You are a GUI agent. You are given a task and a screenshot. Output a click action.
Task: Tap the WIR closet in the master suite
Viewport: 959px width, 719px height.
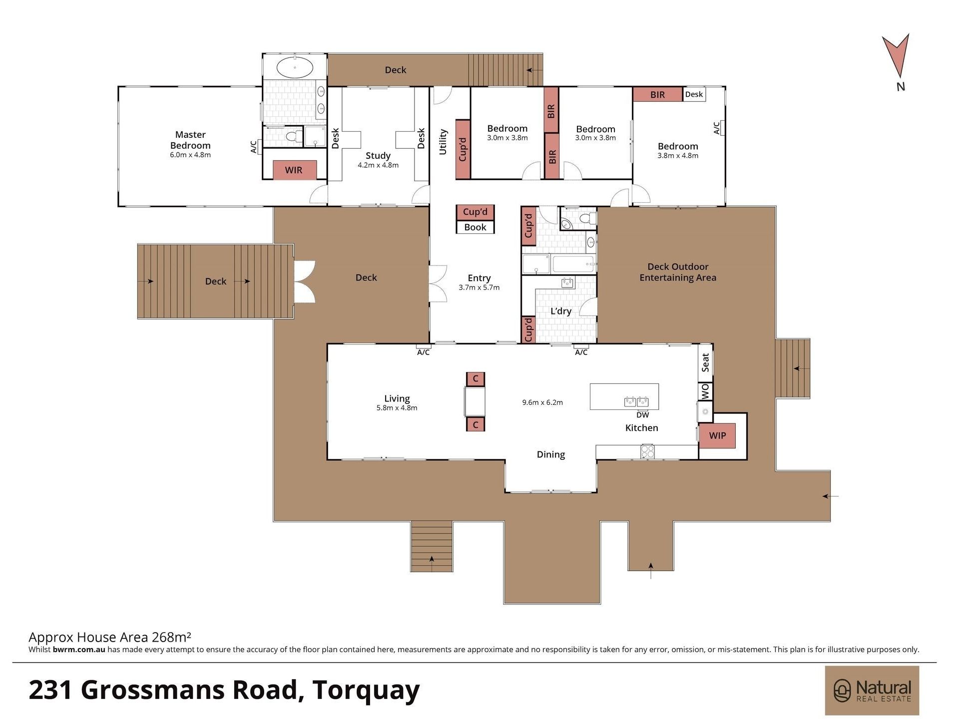(x=294, y=170)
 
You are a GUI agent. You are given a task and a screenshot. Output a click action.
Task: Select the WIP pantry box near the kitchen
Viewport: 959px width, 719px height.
(x=717, y=435)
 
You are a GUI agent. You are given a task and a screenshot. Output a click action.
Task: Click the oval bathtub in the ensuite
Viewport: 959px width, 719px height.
(x=295, y=67)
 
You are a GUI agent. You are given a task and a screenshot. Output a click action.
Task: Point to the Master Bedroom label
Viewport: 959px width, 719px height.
(x=190, y=140)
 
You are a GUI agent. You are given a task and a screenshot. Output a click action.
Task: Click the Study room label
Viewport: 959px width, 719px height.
(x=378, y=155)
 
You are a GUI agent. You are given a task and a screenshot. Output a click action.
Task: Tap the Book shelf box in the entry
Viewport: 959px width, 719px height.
(x=475, y=227)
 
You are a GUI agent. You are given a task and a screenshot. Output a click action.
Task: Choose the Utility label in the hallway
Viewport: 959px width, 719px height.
(x=443, y=142)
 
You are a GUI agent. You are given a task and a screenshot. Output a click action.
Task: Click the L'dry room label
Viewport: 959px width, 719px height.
(x=560, y=311)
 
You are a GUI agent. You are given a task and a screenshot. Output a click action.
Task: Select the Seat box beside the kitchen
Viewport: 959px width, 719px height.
(x=705, y=362)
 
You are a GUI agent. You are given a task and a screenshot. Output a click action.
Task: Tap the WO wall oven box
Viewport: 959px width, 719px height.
(x=705, y=391)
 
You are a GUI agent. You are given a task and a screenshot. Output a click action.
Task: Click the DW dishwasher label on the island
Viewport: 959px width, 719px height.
(x=643, y=415)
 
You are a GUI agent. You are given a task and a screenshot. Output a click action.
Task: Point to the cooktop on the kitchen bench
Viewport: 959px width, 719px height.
(x=648, y=451)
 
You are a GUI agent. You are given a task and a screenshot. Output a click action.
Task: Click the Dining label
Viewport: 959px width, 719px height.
(x=551, y=454)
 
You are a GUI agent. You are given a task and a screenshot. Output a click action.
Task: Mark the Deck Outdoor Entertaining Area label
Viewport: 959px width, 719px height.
(x=678, y=272)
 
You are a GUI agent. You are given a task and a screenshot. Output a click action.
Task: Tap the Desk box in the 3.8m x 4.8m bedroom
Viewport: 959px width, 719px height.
(x=694, y=94)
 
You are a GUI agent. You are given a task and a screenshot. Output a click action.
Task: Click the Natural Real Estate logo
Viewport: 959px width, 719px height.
(x=872, y=691)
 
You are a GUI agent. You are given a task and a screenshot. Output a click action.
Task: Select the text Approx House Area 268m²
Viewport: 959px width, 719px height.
(x=110, y=637)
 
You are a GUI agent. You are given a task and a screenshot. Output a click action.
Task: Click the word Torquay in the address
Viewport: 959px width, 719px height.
(x=366, y=690)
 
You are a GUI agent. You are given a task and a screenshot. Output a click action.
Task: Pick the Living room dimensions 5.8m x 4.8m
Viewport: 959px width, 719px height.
(x=397, y=408)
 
